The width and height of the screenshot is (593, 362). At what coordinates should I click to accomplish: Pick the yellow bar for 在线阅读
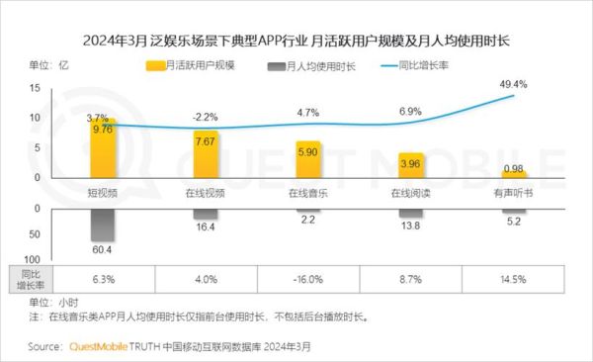(409, 168)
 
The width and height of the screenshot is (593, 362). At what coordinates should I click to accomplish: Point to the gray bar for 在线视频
(205, 214)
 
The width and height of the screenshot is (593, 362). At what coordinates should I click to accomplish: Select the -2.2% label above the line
(205, 116)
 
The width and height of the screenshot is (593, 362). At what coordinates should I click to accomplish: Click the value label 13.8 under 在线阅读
(409, 226)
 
